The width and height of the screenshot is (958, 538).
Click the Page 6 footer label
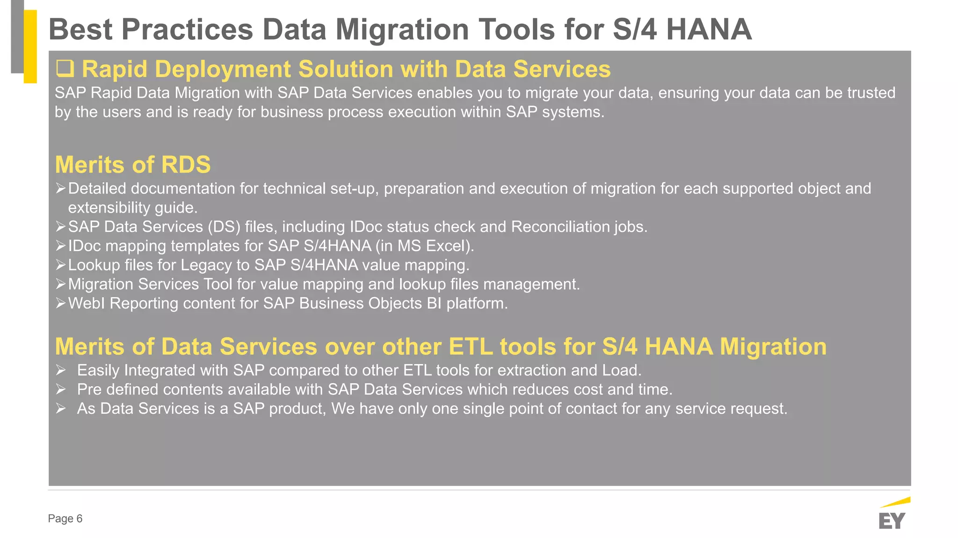coord(65,518)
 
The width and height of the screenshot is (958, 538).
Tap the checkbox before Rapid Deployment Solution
coord(65,69)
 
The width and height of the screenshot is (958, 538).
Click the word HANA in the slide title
coord(708,29)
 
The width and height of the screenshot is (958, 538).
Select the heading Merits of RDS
coord(133,165)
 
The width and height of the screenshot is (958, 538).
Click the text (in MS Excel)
coord(425,246)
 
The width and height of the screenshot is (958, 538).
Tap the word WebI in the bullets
coord(87,303)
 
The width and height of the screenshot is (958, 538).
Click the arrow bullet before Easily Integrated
coord(61,370)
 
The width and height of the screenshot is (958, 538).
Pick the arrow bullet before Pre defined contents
coord(61,389)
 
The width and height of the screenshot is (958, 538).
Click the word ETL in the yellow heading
coord(471,346)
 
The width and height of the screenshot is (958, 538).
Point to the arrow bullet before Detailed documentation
coord(61,188)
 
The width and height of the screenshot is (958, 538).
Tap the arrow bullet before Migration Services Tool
coord(61,284)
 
